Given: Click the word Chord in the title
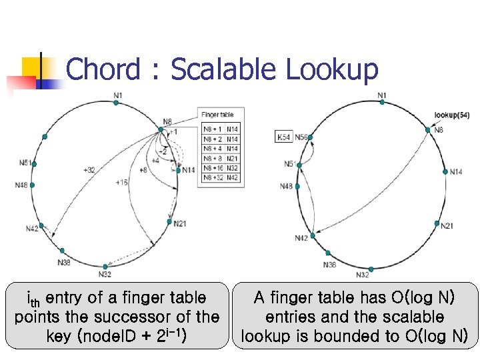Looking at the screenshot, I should click(x=103, y=69).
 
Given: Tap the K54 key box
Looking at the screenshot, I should click(x=283, y=137).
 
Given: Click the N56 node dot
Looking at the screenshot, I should click(x=310, y=137).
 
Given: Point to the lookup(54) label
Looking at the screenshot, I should click(x=451, y=115).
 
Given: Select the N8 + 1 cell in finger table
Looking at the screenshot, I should click(x=213, y=129).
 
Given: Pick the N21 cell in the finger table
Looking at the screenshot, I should click(x=232, y=159).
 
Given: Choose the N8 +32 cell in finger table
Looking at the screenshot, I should click(x=213, y=178).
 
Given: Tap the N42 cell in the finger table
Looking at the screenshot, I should click(x=232, y=178).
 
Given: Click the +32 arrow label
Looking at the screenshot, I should click(x=89, y=170).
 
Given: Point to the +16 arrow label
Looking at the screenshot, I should click(x=121, y=182).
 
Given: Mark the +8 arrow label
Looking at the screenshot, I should click(x=143, y=170).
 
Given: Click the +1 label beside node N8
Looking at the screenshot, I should click(x=173, y=132).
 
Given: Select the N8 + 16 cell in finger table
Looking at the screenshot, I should click(x=213, y=169).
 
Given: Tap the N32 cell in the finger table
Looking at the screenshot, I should click(x=232, y=169).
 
